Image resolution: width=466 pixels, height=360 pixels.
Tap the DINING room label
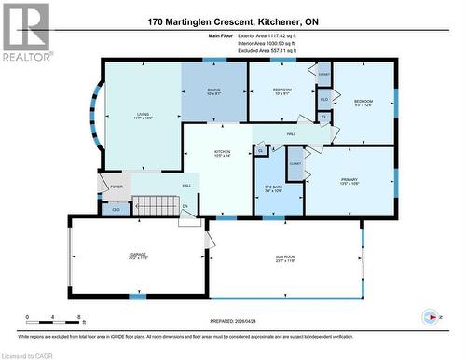(x=213, y=91)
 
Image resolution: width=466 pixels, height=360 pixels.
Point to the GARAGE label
(x=138, y=256)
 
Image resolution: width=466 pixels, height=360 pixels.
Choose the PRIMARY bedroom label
(x=349, y=181)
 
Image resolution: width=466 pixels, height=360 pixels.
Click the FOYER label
(x=116, y=187)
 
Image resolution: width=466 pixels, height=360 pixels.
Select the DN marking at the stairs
(x=185, y=206)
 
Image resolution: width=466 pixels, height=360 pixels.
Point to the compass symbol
(x=428, y=316)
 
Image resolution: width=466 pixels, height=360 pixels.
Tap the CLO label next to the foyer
(x=115, y=210)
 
